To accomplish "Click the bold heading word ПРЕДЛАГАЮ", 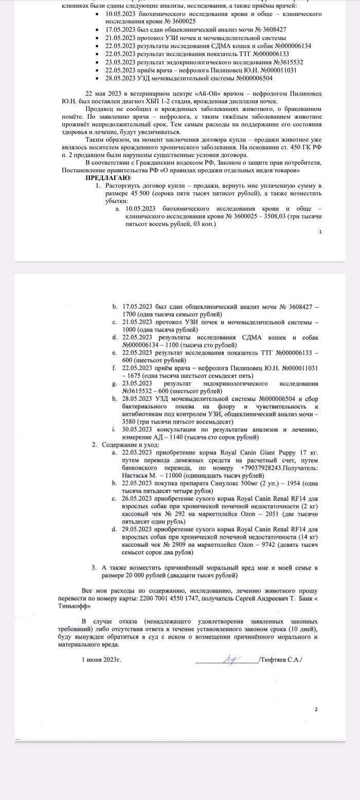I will click(x=108, y=177).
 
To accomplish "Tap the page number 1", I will click(x=320, y=232).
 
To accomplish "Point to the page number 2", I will click(x=316, y=710).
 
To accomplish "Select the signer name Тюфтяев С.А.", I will click(x=281, y=659).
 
